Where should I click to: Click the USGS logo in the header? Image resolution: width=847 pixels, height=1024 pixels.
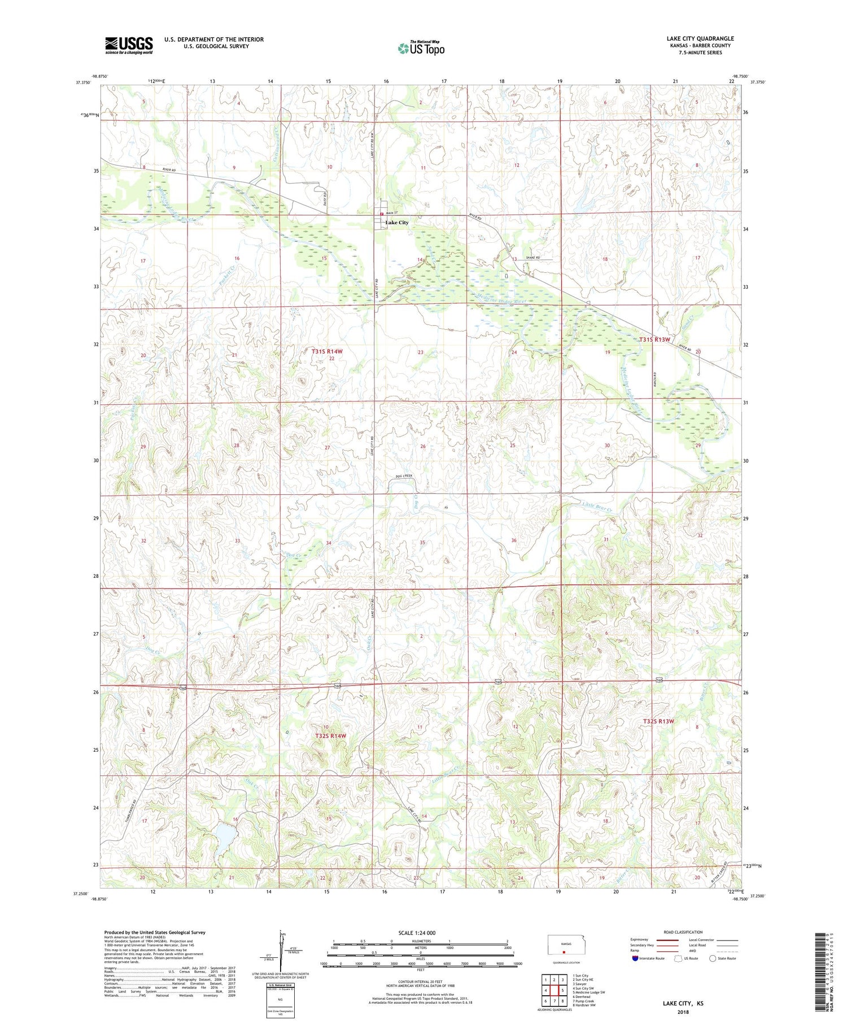pos(129,45)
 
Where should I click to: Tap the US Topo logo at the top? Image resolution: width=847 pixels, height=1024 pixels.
pos(421,49)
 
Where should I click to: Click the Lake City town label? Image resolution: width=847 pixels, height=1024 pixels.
pos(397,223)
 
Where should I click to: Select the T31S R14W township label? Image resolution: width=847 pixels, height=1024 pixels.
pos(327,351)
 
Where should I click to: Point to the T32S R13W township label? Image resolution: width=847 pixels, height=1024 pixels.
pos(658,721)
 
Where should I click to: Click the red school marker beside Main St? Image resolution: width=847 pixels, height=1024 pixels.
pos(381,214)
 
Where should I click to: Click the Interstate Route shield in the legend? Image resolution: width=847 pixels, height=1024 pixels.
pos(635,958)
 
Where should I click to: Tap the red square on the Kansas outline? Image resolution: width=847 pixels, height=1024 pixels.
pos(564,951)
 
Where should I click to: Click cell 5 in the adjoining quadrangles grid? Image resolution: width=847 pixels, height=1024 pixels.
pos(563,990)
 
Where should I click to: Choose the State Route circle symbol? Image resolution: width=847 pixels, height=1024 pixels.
pos(713,958)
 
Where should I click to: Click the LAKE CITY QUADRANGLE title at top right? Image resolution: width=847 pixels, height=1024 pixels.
pos(700,38)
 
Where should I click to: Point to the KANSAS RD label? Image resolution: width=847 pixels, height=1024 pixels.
pos(654,375)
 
